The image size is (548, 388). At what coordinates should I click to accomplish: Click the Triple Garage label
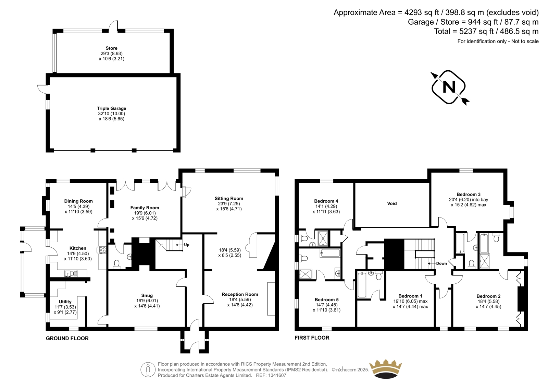(111, 108)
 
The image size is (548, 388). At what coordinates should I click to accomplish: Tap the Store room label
(111, 48)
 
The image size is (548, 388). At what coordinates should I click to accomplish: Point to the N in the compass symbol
(449, 87)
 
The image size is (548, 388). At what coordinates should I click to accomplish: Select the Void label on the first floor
(392, 203)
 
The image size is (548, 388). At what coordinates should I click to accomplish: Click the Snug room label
(147, 296)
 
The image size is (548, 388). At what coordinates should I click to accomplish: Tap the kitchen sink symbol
(71, 273)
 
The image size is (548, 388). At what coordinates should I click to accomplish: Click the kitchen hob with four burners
(103, 250)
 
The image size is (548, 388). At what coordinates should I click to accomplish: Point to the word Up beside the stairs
(186, 245)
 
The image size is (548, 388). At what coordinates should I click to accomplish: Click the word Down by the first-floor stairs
(441, 263)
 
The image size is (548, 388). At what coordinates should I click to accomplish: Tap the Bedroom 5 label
(327, 299)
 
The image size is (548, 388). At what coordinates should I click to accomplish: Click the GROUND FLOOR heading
(67, 338)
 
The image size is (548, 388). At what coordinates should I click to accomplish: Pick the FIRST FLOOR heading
(312, 338)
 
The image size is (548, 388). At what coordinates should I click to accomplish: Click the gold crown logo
(386, 369)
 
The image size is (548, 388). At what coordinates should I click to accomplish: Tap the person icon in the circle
(148, 369)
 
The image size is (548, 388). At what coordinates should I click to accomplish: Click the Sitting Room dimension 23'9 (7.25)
(229, 204)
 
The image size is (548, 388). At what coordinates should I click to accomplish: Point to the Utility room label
(65, 302)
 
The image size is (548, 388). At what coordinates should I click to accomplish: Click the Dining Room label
(78, 201)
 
